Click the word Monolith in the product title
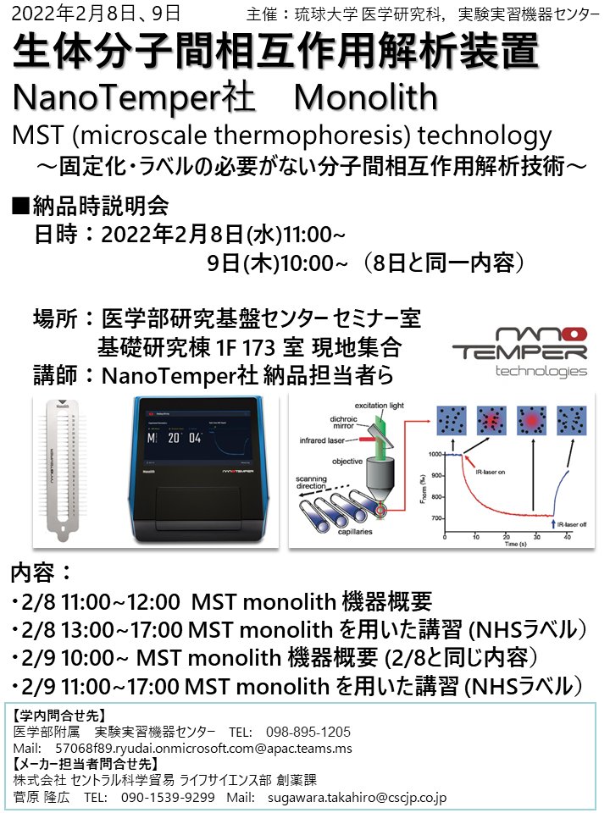click(x=365, y=97)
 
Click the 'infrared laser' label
click(x=328, y=440)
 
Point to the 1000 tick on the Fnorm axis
click(x=435, y=455)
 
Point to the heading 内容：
click(x=41, y=573)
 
